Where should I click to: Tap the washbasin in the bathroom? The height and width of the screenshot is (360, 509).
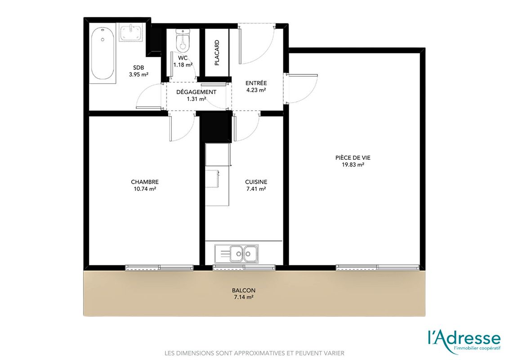click(x=131, y=32)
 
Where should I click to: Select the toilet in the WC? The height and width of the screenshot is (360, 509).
click(x=183, y=40)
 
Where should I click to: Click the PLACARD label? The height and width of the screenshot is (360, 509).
click(x=217, y=53)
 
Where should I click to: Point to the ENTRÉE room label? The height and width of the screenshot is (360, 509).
click(x=256, y=83)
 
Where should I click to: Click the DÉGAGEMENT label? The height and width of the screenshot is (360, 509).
click(x=196, y=92)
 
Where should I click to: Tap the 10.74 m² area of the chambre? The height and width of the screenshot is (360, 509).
click(x=145, y=189)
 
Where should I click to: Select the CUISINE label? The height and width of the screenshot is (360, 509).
click(x=256, y=182)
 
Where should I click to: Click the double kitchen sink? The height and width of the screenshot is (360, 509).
click(x=237, y=253)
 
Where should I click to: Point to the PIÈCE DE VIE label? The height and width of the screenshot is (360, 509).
click(x=353, y=157)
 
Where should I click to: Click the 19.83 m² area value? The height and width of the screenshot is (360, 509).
click(x=353, y=165)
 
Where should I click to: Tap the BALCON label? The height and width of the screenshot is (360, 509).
click(x=244, y=290)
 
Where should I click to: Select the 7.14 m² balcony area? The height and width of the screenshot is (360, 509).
click(x=244, y=297)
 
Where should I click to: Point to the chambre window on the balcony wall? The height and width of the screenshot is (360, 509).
click(x=159, y=268)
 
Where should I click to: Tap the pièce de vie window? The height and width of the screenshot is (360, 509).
click(x=378, y=268)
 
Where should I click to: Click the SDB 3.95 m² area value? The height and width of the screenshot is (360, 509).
click(x=138, y=74)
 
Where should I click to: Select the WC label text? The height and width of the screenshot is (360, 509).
click(x=183, y=58)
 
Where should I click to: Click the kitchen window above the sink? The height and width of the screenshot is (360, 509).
click(x=244, y=268)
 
